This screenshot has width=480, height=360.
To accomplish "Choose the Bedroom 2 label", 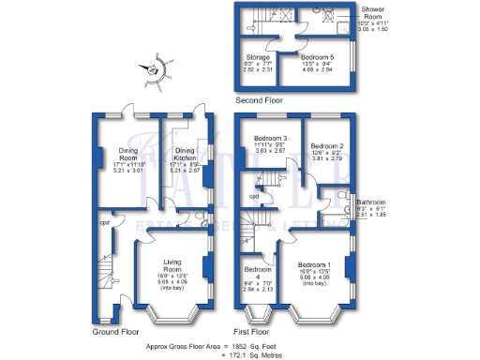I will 327,146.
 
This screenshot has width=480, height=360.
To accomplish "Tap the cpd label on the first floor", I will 253,196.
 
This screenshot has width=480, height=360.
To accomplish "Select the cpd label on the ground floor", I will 105,223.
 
